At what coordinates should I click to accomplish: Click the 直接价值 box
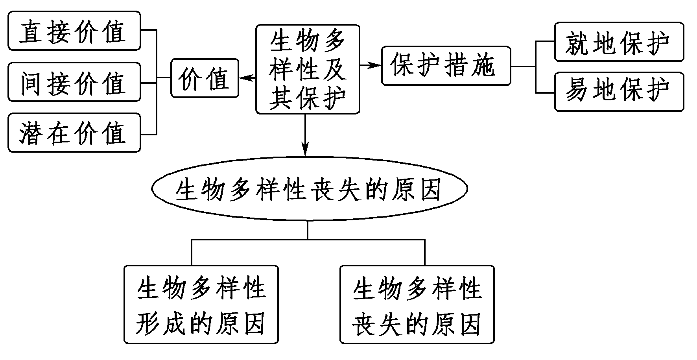coord(74,31)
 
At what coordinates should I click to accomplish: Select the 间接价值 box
coord(74,82)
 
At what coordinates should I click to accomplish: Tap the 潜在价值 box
coord(74,133)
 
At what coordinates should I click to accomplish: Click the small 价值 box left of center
coord(205,78)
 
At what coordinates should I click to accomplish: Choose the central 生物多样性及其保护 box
coord(308,70)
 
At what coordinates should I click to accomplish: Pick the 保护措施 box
coord(446,66)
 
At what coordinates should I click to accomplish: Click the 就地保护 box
coord(619,42)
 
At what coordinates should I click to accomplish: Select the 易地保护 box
coord(619,91)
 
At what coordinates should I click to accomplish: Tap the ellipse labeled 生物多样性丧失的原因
coord(309,189)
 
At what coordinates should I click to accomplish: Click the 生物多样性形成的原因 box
coord(201,304)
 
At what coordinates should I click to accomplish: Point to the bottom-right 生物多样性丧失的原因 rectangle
coord(417,304)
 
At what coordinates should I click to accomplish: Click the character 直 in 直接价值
coord(31,31)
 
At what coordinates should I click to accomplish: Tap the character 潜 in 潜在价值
coord(31,133)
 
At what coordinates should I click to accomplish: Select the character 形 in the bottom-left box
coord(148,323)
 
